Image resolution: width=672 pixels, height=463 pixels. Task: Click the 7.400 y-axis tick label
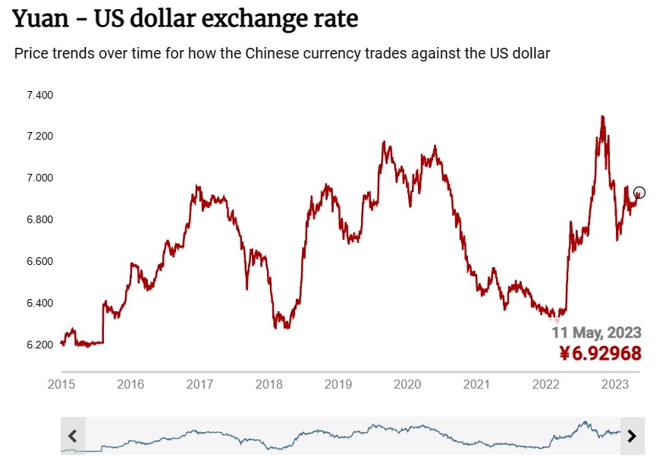click(39, 96)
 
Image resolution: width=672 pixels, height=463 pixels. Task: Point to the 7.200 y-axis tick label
click(39, 137)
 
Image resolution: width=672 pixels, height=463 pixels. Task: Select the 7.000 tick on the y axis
click(39, 178)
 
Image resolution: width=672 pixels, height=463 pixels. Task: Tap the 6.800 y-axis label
click(39, 220)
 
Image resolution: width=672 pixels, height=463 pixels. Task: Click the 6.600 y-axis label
click(39, 262)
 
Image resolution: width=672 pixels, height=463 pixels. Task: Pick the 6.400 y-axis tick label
click(39, 304)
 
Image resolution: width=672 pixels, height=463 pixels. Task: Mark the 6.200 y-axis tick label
click(39, 345)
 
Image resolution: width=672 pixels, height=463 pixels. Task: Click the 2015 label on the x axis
click(61, 384)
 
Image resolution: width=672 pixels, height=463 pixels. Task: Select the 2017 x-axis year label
click(199, 384)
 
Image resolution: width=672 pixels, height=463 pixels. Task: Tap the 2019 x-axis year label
click(338, 384)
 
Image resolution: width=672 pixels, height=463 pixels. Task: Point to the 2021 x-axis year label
click(476, 384)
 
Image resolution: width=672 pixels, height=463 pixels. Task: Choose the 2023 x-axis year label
click(614, 384)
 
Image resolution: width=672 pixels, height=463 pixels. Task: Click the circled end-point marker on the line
click(639, 193)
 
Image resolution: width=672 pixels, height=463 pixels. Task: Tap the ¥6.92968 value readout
click(600, 353)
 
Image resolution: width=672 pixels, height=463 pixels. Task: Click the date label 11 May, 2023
click(596, 332)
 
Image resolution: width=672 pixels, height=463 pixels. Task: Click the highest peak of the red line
click(602, 117)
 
